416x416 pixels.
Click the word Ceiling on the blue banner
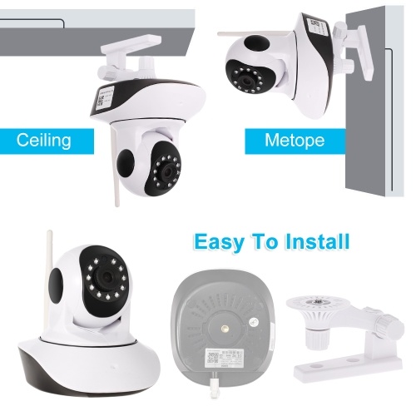43,140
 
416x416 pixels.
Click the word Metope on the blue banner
295,140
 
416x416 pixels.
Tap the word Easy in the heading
219,242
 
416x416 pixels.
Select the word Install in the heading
317,241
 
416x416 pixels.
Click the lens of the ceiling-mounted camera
168,173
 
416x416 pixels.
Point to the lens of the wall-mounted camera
245,81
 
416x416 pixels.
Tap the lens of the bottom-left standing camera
106,276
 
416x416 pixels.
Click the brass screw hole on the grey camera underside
225,329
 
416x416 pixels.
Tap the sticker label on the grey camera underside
225,358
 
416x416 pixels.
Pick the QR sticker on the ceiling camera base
105,97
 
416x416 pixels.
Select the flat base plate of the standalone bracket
348,366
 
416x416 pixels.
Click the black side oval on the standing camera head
56,287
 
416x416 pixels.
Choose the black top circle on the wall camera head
257,43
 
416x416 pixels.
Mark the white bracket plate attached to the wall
365,52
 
